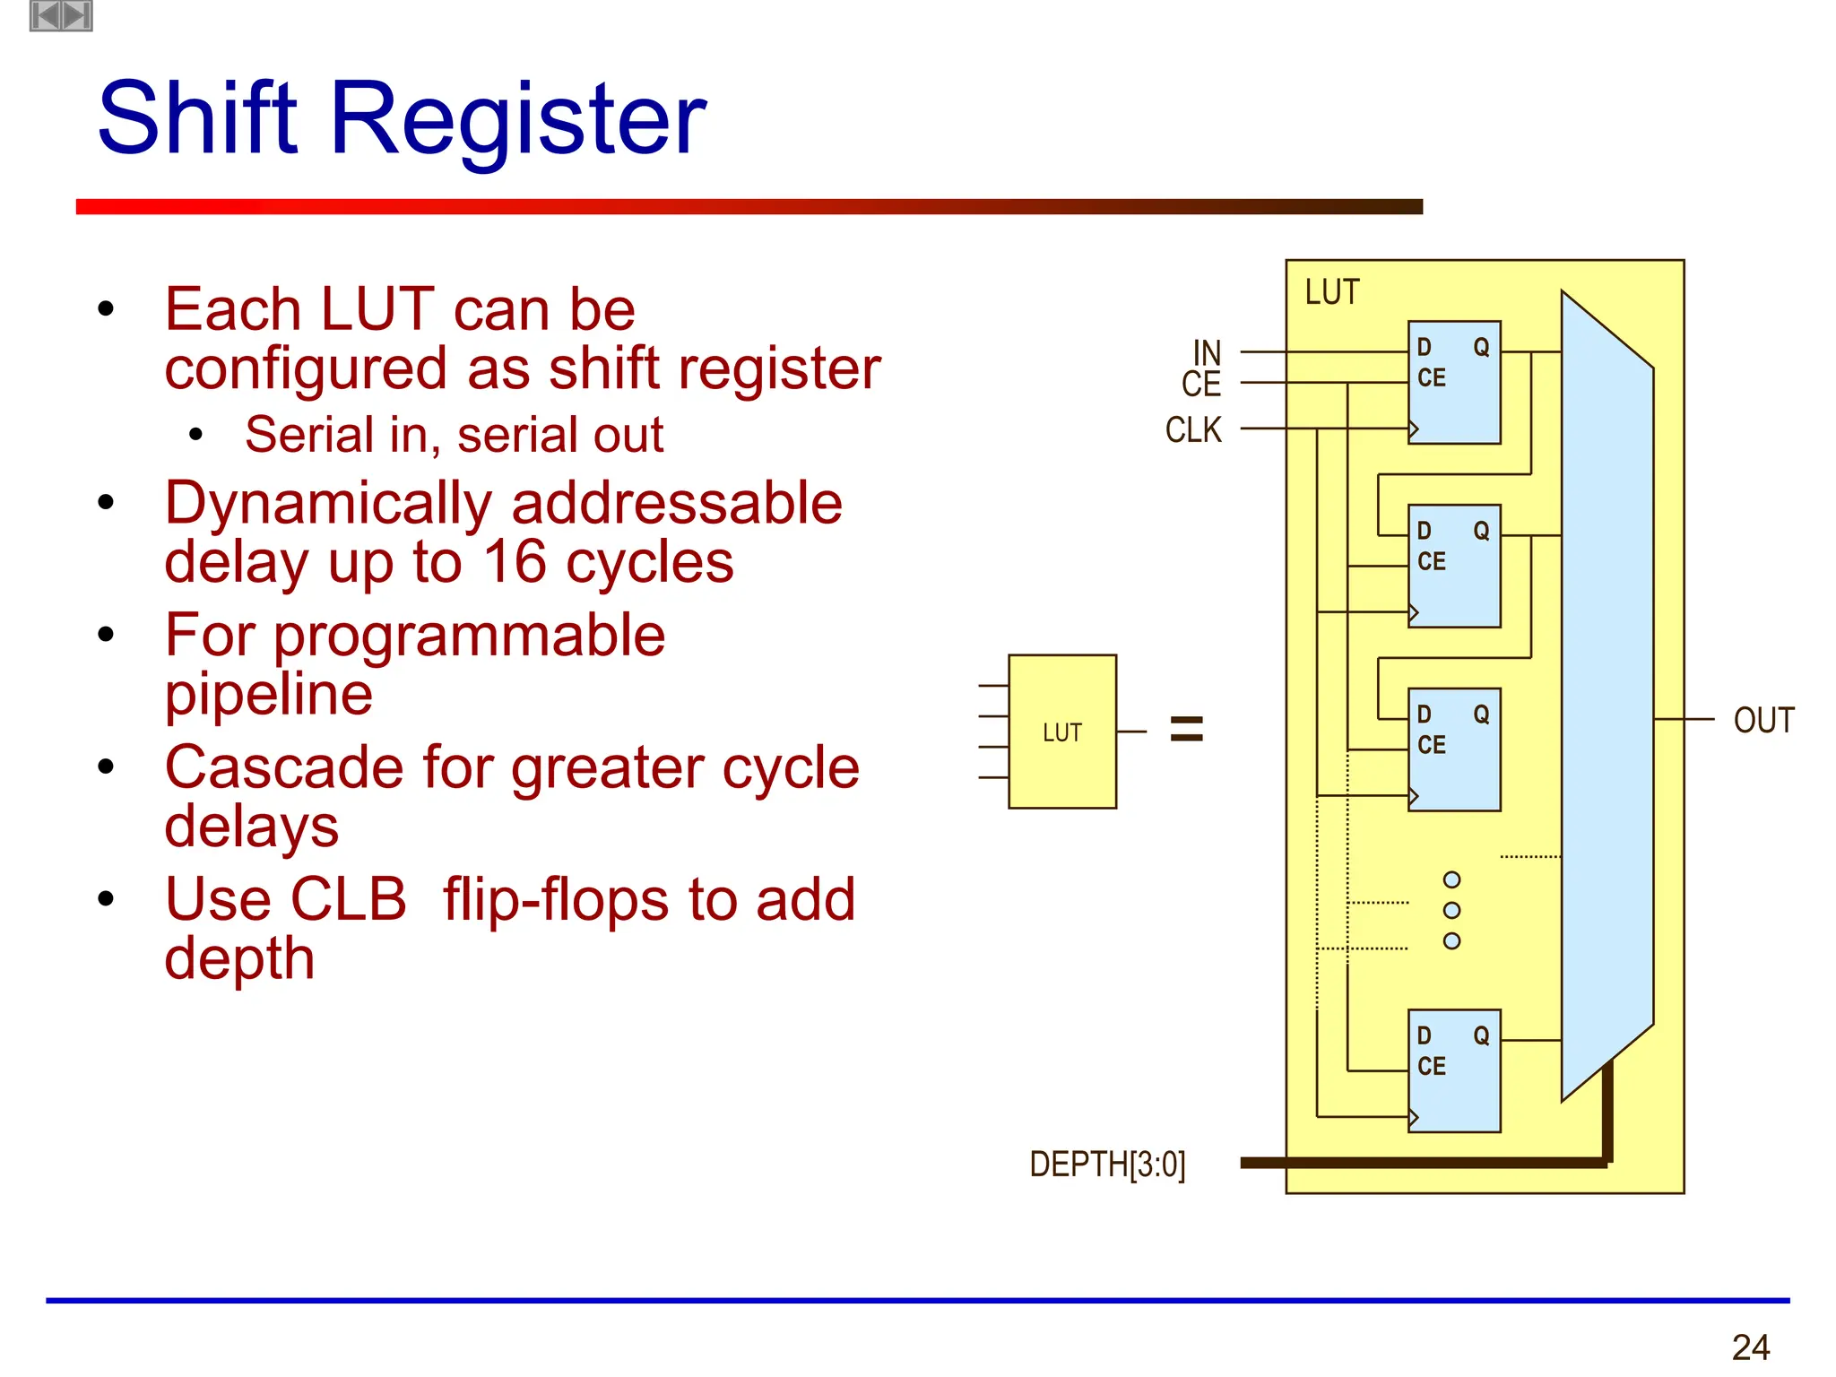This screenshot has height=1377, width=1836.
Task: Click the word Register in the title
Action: (x=518, y=118)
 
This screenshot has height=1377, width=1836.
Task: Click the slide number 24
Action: (x=1750, y=1347)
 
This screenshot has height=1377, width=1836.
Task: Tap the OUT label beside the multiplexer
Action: (x=1763, y=721)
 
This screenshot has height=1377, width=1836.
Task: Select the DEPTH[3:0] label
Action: (x=1107, y=1165)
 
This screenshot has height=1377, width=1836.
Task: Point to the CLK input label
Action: (x=1193, y=430)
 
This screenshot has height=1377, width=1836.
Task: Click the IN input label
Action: (x=1207, y=352)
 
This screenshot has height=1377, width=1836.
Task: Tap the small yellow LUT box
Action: (x=1062, y=732)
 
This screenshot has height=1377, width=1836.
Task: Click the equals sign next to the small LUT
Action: (x=1187, y=728)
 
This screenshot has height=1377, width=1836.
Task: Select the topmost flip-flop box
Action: (x=1453, y=383)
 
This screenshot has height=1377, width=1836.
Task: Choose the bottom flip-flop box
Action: (x=1453, y=1071)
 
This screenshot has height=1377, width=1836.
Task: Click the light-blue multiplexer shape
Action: (x=1606, y=696)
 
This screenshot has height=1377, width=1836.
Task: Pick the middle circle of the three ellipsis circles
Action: (x=1451, y=910)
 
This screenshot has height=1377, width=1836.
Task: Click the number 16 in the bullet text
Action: (x=515, y=563)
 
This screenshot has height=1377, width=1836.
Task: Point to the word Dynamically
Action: (x=328, y=503)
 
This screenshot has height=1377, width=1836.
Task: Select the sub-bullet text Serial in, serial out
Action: (x=454, y=435)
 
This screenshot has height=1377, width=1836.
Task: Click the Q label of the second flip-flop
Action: (x=1481, y=531)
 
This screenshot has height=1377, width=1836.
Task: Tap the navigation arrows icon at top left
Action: (x=61, y=15)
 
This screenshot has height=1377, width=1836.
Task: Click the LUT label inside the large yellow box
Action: (x=1332, y=292)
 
